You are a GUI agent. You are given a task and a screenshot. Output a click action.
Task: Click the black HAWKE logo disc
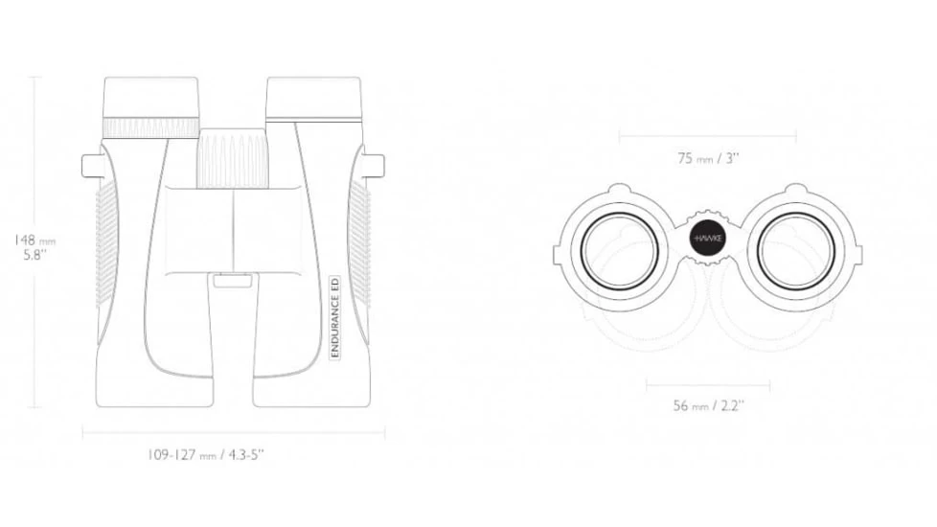click(x=709, y=239)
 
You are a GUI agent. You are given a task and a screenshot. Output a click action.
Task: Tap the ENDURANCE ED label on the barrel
click(x=335, y=316)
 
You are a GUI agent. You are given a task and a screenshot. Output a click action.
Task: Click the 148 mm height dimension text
click(x=34, y=241)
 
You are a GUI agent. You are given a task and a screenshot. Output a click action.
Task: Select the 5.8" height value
click(x=34, y=255)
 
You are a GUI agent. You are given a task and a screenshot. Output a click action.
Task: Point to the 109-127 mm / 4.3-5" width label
click(x=206, y=455)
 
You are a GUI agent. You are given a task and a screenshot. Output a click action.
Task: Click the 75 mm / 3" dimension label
click(x=708, y=158)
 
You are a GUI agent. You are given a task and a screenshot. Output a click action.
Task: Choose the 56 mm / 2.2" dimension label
click(x=708, y=405)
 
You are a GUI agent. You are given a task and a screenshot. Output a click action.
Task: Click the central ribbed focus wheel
click(x=233, y=158)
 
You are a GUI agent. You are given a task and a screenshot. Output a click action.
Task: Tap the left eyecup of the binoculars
click(x=151, y=97)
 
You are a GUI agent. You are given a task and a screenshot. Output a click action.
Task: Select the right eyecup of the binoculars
click(x=313, y=98)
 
